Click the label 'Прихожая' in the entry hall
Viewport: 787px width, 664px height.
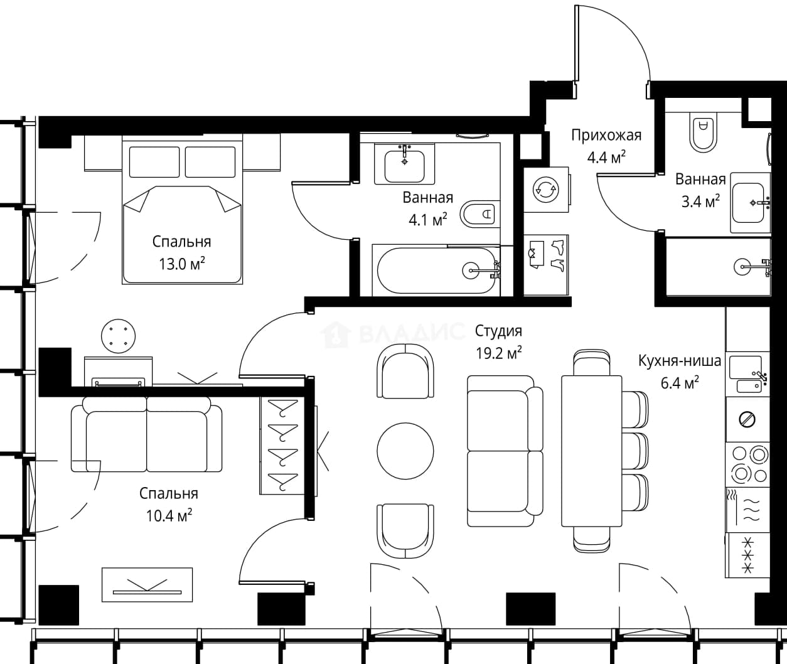(x=606, y=135)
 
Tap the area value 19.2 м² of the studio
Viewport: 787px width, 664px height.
(x=499, y=353)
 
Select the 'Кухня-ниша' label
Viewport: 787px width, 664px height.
(x=680, y=361)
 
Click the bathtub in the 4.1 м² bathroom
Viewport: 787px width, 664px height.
(x=438, y=270)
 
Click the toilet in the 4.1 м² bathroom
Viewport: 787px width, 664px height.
(x=479, y=214)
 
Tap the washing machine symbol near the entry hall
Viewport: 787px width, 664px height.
(x=546, y=190)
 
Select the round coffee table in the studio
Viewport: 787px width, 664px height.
(x=405, y=451)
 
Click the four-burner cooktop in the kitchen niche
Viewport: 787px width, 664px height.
(x=748, y=464)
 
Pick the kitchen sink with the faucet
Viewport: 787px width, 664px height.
(x=748, y=374)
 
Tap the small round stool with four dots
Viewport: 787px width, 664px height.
(x=119, y=336)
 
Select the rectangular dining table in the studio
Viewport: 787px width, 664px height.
(x=591, y=451)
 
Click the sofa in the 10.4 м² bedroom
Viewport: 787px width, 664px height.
(x=146, y=434)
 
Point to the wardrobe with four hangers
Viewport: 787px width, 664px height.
(x=282, y=446)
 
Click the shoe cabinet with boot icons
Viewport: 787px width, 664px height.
(x=546, y=265)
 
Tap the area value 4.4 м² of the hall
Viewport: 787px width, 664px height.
(x=606, y=158)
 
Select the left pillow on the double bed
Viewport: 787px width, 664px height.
(x=154, y=162)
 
